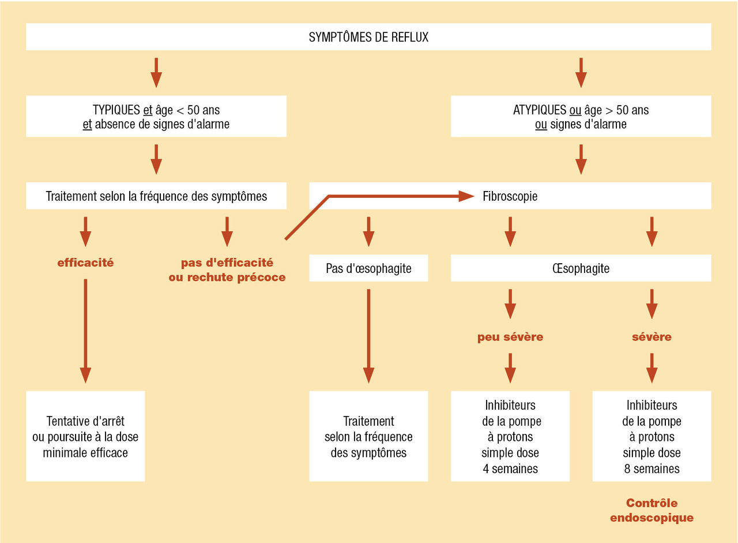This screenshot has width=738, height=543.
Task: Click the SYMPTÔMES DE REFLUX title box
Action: (x=368, y=38)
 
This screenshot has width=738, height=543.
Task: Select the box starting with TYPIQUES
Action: (x=156, y=116)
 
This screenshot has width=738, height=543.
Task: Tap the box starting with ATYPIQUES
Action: (x=581, y=116)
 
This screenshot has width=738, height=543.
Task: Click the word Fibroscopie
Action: (x=510, y=196)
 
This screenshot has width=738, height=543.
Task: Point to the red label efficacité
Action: (x=85, y=263)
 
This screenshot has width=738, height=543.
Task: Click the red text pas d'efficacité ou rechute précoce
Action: (x=227, y=269)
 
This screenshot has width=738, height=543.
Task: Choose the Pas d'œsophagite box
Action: (x=368, y=268)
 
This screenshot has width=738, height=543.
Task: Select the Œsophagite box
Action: (x=581, y=268)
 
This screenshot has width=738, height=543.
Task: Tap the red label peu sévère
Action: (x=510, y=337)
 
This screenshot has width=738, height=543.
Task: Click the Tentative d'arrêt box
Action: (x=85, y=436)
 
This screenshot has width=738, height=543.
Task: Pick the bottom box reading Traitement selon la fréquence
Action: (x=368, y=436)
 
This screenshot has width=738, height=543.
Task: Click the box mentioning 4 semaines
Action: (x=510, y=436)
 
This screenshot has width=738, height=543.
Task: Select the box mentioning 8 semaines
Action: (x=652, y=436)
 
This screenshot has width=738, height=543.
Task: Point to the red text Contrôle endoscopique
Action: (x=652, y=510)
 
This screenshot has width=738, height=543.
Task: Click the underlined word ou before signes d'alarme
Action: (x=541, y=124)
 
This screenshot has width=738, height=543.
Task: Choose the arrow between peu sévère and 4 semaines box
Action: (x=510, y=368)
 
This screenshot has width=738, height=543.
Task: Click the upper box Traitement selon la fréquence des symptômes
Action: (x=156, y=196)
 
